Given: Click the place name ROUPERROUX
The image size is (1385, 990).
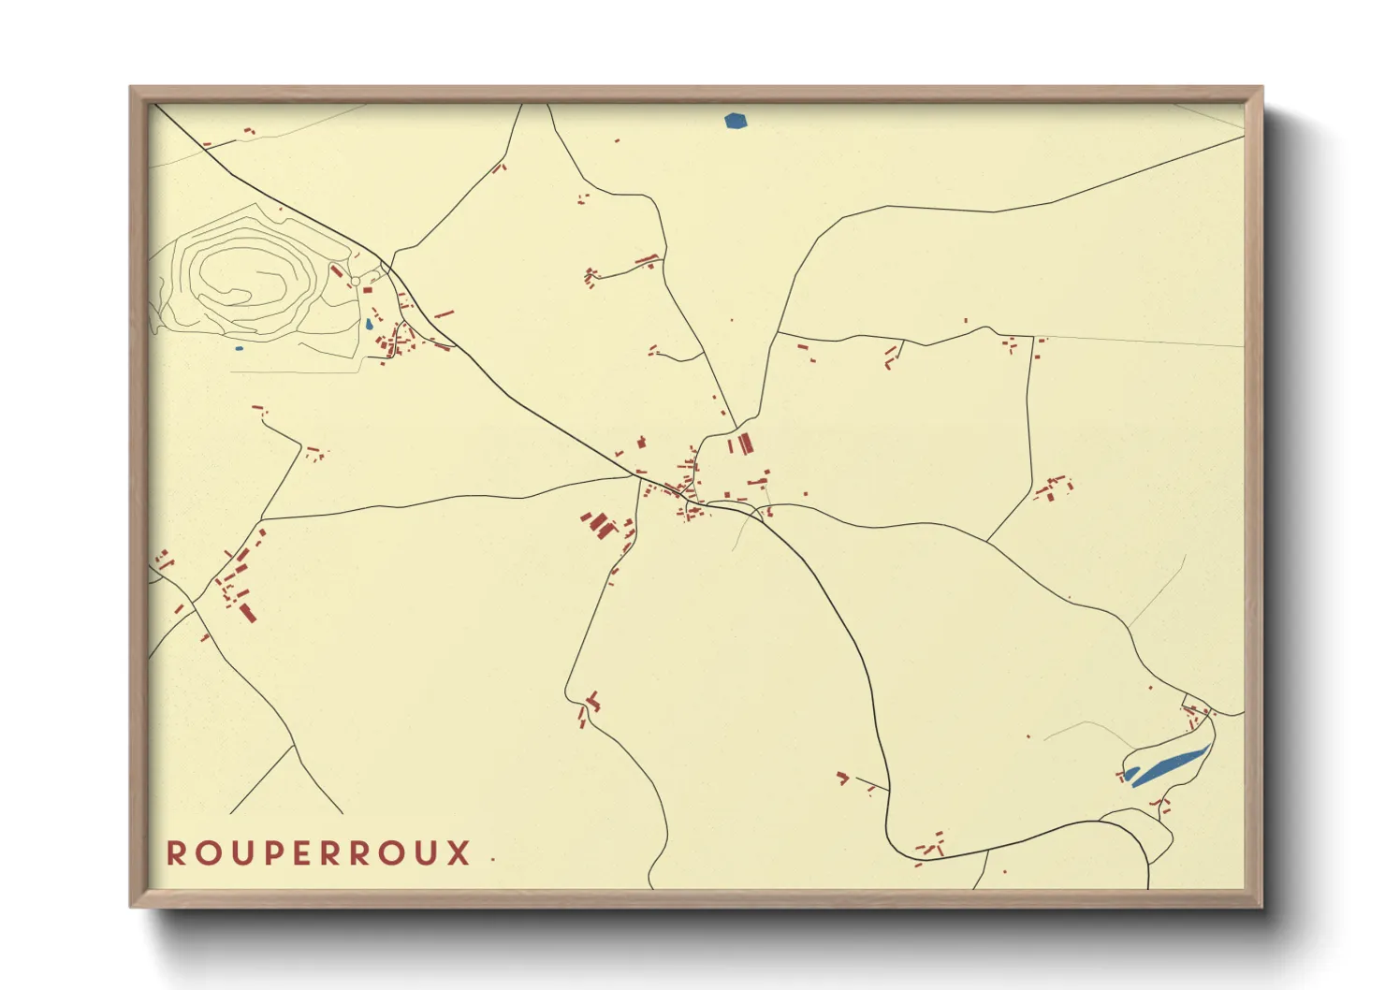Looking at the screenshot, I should click(x=318, y=853).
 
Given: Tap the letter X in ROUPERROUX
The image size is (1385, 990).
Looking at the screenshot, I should click(x=459, y=853).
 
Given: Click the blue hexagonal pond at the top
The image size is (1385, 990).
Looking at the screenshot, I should click(x=736, y=121).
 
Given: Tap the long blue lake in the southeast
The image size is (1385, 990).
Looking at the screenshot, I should click(x=1170, y=766).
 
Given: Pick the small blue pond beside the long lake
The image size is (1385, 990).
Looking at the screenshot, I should click(x=1130, y=773).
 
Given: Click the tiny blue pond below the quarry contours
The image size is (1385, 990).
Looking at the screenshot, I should click(x=239, y=349).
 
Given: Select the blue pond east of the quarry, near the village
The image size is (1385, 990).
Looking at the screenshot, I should click(x=369, y=325).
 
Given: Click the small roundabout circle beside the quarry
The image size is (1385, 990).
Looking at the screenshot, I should click(x=355, y=281).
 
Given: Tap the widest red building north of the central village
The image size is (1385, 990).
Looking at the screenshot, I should click(x=745, y=443).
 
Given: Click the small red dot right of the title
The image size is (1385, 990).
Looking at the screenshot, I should click(x=492, y=859).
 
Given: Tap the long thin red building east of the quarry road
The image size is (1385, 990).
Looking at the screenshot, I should click(x=444, y=314).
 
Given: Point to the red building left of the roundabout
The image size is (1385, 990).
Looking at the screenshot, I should click(x=337, y=271).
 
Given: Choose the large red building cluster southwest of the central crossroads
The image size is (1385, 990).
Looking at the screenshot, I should click(x=599, y=525).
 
